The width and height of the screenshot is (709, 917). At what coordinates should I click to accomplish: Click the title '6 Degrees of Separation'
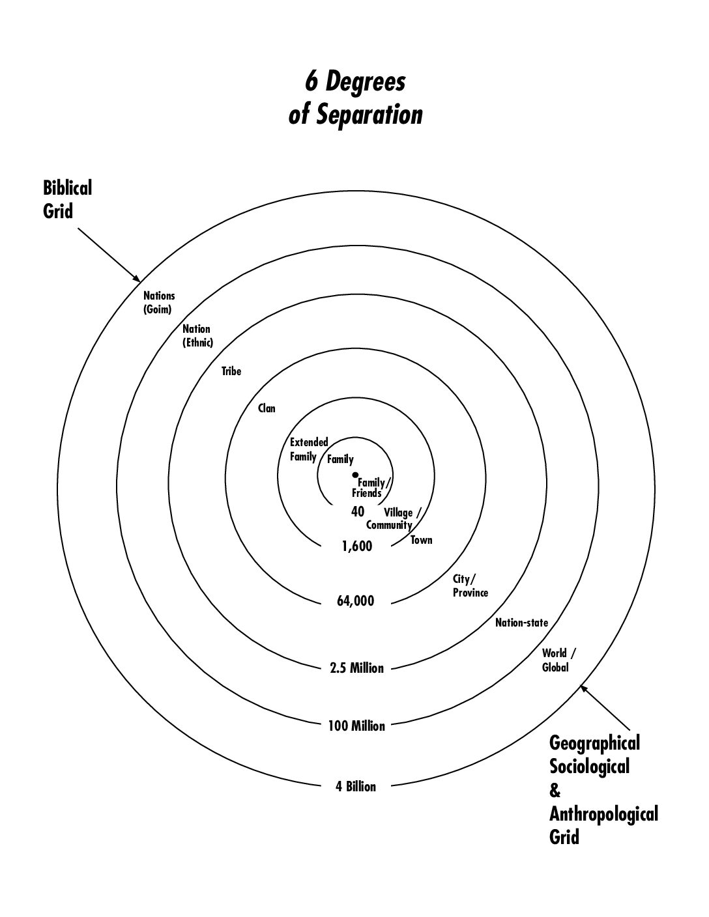coord(355,98)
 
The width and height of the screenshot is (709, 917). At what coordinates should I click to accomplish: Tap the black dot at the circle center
coord(355,475)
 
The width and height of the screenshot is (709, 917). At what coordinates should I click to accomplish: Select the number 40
coord(357,512)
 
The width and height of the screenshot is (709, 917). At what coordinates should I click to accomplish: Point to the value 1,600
coord(357,546)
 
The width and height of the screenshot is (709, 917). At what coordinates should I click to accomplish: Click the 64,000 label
coord(356,601)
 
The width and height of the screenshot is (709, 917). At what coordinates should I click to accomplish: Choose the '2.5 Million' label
coord(357,668)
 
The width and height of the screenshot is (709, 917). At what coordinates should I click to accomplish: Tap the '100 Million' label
coord(357,726)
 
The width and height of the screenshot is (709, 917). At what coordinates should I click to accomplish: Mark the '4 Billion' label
coord(356,787)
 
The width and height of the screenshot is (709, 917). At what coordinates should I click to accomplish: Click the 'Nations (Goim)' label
coord(159,303)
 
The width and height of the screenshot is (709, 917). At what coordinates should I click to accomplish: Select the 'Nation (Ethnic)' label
coord(197,335)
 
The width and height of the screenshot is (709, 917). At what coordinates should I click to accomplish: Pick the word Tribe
coord(231,371)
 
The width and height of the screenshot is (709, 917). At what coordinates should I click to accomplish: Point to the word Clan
coord(267,408)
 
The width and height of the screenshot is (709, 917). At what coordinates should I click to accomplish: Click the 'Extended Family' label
coord(309,449)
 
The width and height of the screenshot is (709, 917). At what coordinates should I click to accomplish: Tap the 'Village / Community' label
coord(394,519)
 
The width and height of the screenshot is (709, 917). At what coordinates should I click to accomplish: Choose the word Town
coord(422,540)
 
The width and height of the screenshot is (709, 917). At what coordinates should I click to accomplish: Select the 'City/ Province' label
coord(470,585)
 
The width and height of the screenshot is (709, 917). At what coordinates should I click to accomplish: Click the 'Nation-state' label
coord(521,623)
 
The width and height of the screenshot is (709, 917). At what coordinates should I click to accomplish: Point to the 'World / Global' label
coord(558,660)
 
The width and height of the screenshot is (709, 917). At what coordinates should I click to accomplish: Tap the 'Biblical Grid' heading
coord(67,199)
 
